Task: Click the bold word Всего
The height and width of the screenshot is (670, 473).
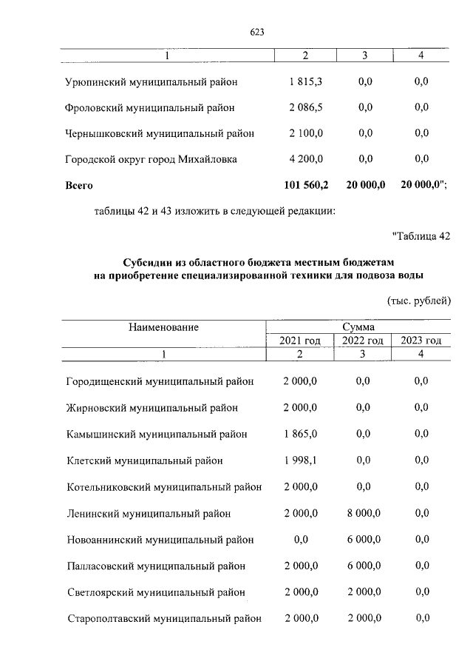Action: [x=79, y=185]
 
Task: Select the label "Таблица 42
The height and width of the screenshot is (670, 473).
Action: [x=421, y=237]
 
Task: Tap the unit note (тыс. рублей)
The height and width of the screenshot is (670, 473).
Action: [x=418, y=301]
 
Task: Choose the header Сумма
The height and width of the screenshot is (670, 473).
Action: [x=358, y=326]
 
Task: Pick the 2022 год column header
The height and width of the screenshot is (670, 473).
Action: [x=362, y=341]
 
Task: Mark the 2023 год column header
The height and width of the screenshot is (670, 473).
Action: [x=421, y=341]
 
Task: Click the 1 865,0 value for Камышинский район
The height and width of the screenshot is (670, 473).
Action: [x=300, y=434]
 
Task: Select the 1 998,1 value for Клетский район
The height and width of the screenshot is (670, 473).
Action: [x=300, y=460]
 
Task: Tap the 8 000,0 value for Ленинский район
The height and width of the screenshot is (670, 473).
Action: [x=362, y=513]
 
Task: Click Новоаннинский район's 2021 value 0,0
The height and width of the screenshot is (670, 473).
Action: [x=300, y=540]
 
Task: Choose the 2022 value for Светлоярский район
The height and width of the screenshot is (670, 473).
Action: [x=362, y=592]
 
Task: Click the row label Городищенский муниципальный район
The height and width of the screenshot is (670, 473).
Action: [x=160, y=381]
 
